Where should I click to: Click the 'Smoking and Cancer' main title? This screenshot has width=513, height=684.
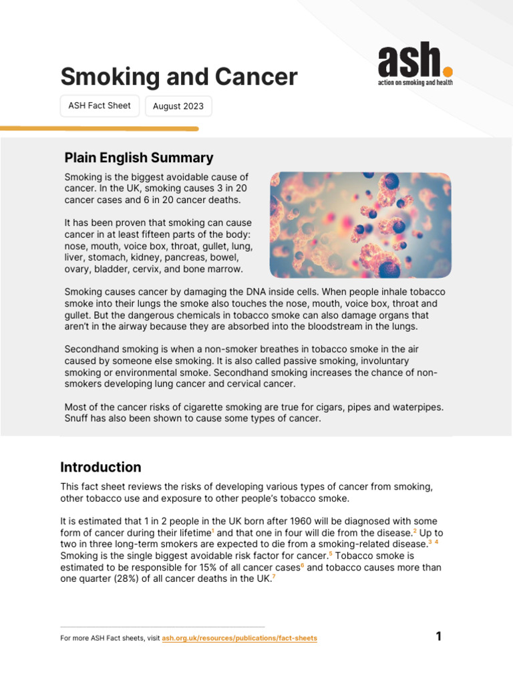178,77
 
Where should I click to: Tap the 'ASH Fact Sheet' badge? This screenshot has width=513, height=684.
100,106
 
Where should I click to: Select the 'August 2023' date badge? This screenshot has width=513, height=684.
178,106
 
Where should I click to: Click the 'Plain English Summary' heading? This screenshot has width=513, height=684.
139,158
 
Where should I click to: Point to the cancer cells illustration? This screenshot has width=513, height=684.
360,224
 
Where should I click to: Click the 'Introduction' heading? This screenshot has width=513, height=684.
101,467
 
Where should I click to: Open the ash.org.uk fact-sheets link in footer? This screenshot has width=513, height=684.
239,639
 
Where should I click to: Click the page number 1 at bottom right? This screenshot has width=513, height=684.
439,637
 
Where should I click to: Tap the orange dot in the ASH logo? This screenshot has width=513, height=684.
448,71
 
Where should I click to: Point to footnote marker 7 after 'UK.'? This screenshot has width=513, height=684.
274,576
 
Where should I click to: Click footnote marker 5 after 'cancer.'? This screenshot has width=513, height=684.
331,554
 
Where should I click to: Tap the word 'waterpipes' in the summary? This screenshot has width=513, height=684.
419,407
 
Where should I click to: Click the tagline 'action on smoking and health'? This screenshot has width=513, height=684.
415,83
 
